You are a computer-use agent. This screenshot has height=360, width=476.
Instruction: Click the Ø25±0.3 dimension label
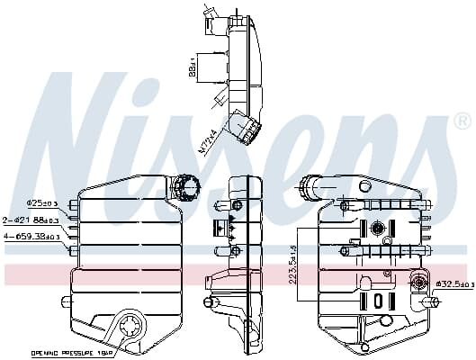[42, 204]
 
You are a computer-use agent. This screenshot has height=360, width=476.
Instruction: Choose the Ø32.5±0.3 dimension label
[451, 284]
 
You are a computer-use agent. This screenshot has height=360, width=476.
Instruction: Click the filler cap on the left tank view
[187, 187]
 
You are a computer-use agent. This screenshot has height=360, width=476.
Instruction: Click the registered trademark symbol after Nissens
[461, 121]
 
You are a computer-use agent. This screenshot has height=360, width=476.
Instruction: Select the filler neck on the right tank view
[310, 187]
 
